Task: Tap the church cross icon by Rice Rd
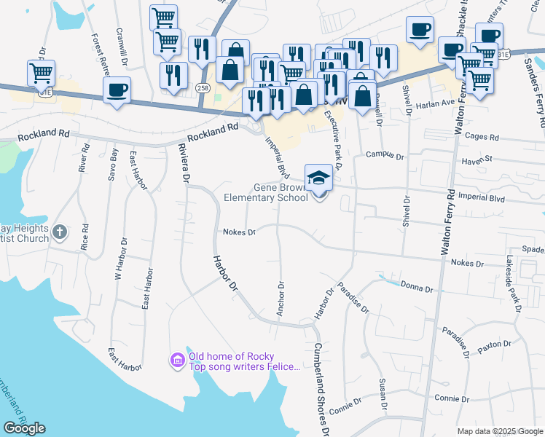coord(60,232)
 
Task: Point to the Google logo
coord(24,428)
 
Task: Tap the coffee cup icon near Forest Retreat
coord(117,90)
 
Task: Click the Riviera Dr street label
coord(183,165)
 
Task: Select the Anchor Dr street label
coord(280,299)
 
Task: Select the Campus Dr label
coord(385,154)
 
